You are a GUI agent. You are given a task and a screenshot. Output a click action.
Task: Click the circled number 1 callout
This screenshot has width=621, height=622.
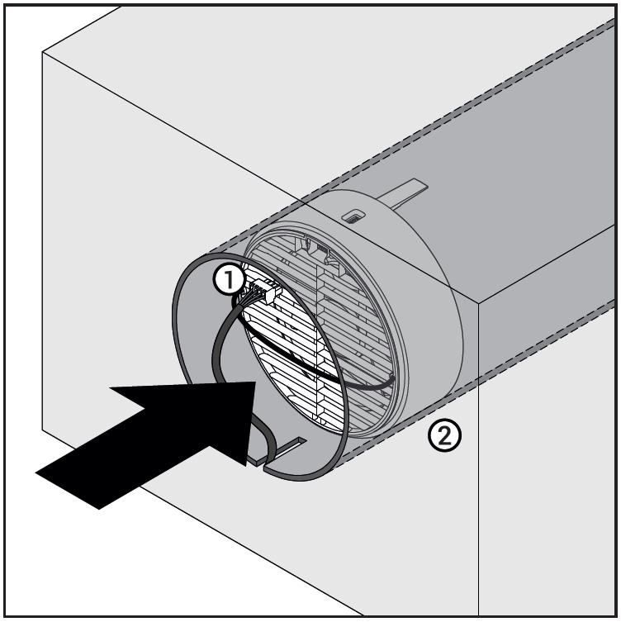click(230, 280)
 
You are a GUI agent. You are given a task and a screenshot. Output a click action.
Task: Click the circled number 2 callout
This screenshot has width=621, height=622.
click(444, 436)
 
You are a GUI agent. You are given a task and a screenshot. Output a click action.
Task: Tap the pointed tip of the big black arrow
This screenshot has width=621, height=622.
click(255, 382)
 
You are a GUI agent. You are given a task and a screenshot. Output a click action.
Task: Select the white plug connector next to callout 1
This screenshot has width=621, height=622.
click(267, 291)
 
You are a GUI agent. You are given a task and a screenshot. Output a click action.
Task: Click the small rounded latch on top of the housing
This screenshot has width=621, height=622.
click(355, 216)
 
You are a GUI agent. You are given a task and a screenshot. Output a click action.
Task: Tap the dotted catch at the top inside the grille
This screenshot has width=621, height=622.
click(321, 249)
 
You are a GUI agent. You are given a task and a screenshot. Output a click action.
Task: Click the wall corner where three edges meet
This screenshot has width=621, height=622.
click(479, 304)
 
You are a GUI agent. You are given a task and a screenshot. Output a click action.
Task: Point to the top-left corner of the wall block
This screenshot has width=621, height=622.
click(42, 52)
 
